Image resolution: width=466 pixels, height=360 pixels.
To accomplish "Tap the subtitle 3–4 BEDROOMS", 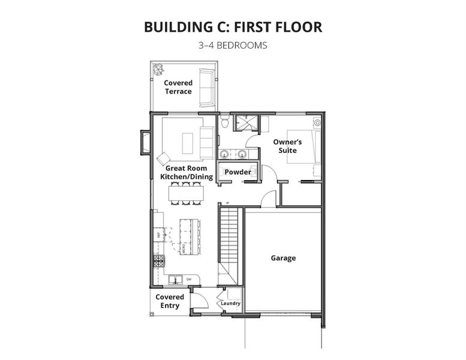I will [233, 45].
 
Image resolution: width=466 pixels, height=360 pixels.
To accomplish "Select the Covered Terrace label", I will [178, 87].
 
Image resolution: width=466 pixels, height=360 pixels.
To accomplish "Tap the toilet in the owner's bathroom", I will [224, 122].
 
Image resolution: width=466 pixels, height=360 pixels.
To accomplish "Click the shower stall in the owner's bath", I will [244, 123].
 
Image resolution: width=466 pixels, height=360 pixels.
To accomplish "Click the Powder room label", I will [237, 172].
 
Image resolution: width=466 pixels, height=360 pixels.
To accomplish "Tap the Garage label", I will [283, 258].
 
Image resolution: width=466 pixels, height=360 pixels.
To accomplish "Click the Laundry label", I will [230, 304].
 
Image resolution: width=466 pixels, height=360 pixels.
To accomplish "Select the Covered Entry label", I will [170, 301].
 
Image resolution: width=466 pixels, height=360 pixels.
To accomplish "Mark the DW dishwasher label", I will [189, 280].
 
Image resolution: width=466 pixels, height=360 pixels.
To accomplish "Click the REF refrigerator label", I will [158, 236].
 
